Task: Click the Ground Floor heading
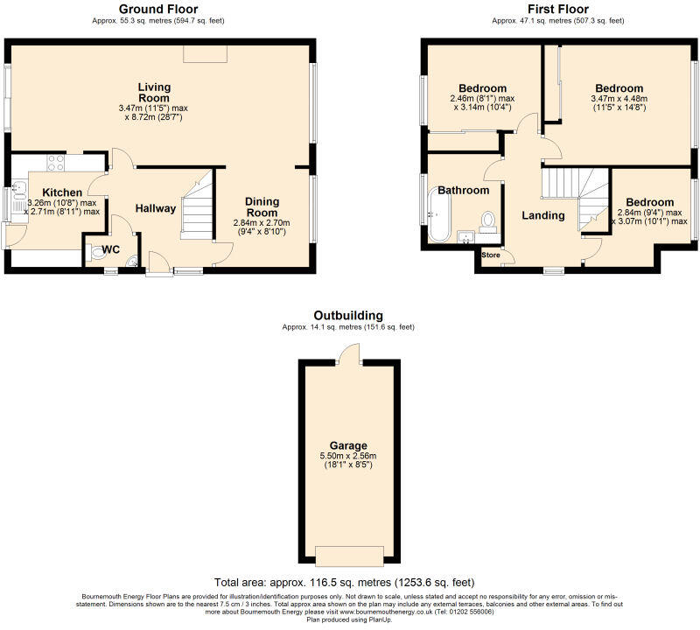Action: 158,10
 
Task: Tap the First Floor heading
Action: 557,10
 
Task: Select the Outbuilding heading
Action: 348,316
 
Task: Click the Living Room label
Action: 154,92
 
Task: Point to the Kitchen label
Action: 62,192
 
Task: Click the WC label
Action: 110,250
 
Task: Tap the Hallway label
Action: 156,208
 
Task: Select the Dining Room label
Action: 262,206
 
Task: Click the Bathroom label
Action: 463,190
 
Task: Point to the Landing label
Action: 543,215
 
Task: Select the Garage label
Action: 348,444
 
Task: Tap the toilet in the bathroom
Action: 488,220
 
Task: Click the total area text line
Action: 348,582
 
